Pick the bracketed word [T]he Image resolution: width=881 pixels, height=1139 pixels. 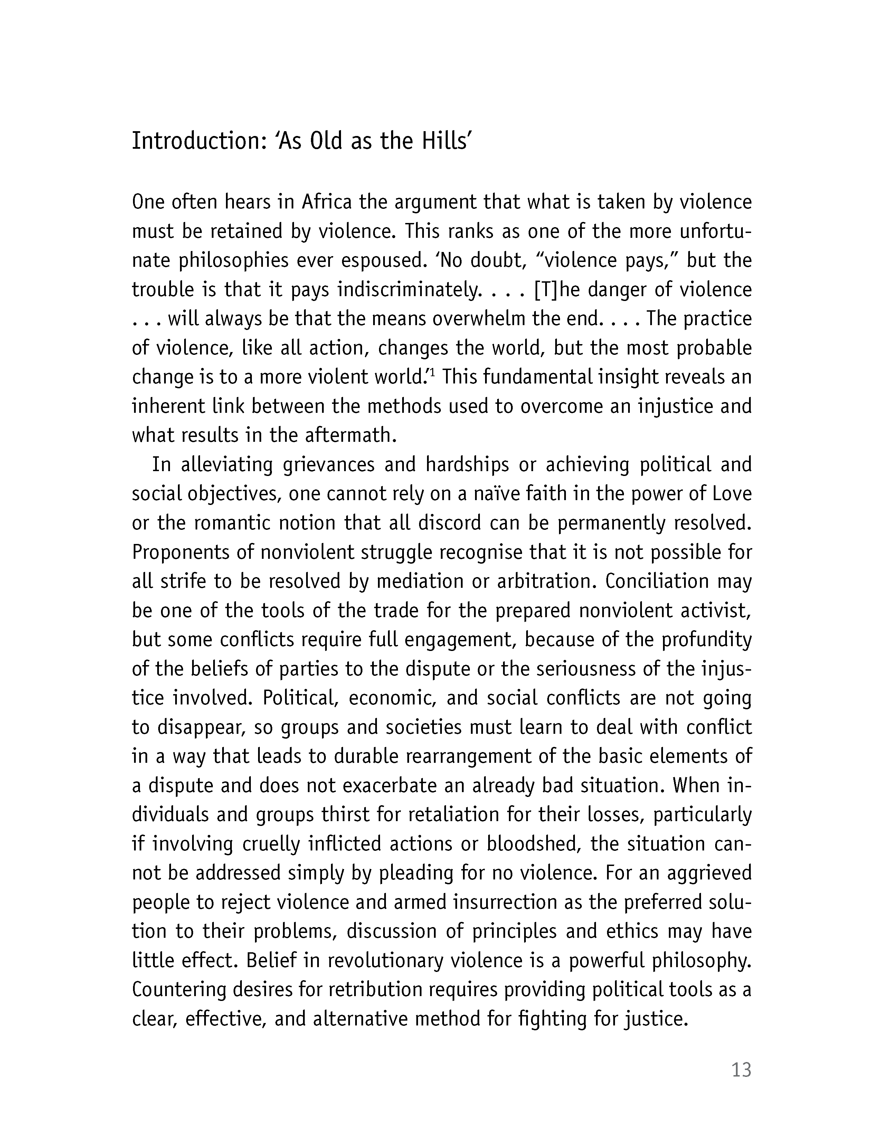coord(557,290)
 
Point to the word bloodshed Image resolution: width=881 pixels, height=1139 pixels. coord(534,844)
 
